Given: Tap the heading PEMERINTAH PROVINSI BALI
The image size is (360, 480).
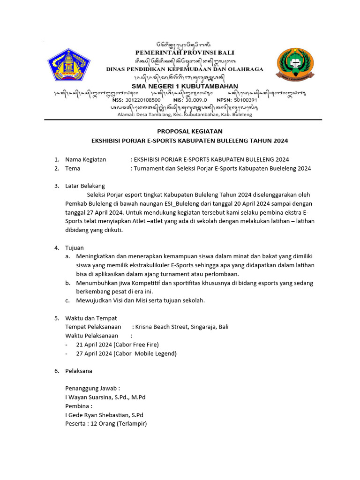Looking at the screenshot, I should [185, 52].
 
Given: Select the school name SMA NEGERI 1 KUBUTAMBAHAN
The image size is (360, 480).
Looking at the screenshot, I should [185, 86].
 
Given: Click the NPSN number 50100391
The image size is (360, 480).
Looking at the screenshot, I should [244, 100].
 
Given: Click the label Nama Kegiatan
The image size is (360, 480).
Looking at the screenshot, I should [86, 159].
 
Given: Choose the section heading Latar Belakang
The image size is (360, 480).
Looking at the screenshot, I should [85, 186].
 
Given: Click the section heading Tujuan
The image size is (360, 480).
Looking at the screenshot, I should [75, 247].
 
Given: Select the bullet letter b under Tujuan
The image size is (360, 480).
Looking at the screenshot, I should [67, 283].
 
